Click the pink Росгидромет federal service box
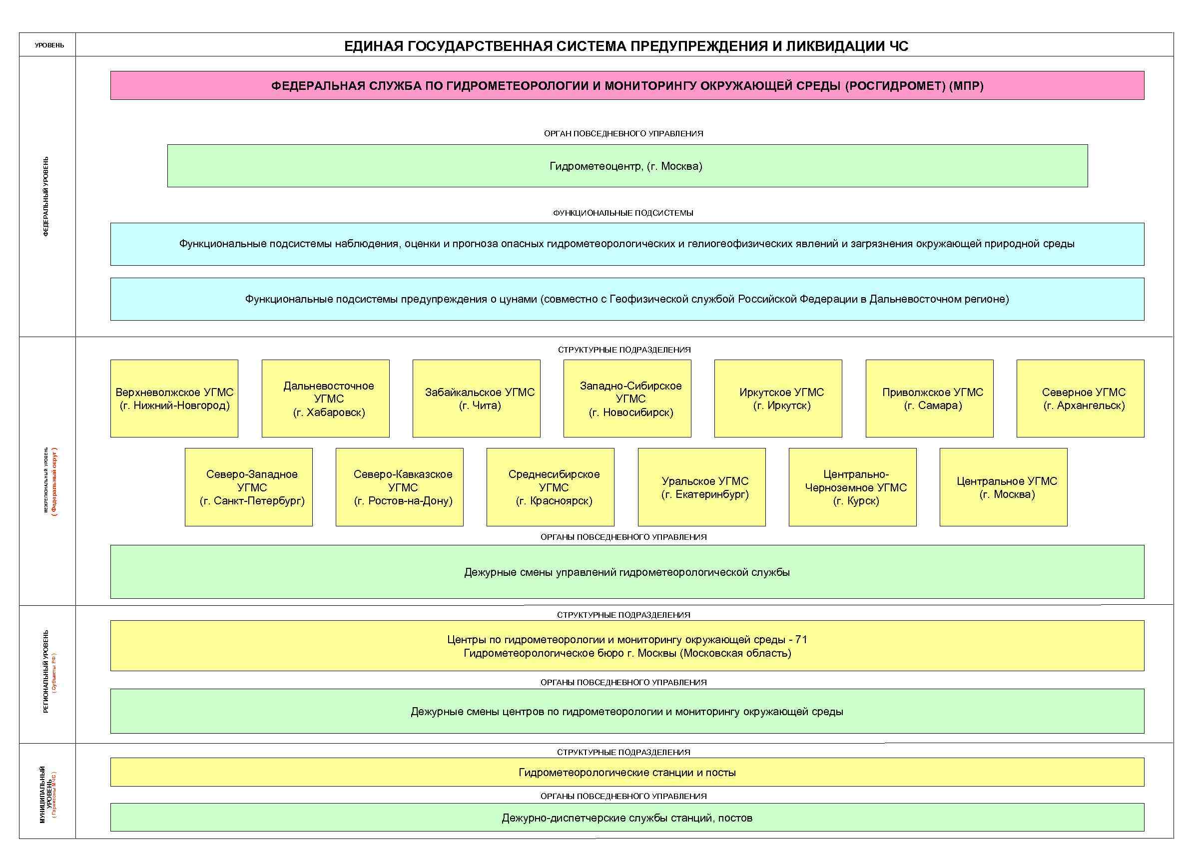[626, 85]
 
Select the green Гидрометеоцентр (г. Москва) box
[626, 166]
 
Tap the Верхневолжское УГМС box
[174, 399]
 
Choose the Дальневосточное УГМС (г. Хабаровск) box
[325, 399]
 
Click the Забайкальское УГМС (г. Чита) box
[476, 399]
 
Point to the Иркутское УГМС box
[778, 399]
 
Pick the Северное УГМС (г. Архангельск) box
[1081, 399]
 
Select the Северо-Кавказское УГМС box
[400, 487]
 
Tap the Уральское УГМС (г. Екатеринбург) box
[701, 487]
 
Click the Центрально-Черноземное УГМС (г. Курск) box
[852, 487]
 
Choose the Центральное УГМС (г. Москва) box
[1003, 487]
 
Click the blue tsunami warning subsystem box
[626, 299]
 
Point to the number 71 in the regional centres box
[801, 640]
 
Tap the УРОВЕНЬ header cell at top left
[49, 45]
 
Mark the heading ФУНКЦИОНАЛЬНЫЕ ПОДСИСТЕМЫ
[623, 213]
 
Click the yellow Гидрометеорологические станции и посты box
[626, 773]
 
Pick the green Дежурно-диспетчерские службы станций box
[626, 818]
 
